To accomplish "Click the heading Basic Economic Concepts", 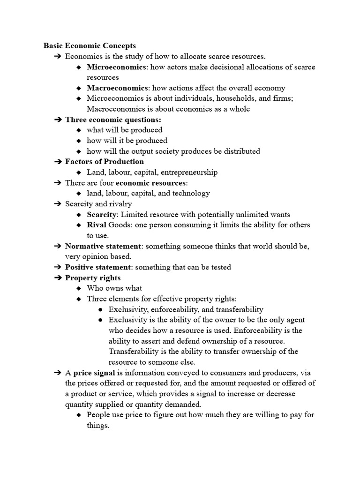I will coord(90,45).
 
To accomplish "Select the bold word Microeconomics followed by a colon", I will coord(116,67).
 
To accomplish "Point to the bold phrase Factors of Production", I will coord(105,162).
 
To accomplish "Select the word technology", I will coord(190,193).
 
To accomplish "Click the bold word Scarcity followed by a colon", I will coord(101,214).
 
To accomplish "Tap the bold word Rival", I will coord(97,225).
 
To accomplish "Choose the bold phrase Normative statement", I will coord(103,246).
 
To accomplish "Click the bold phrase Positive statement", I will coord(97,267).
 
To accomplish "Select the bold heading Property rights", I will coord(93,277).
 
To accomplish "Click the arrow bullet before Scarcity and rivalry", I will coord(58,204).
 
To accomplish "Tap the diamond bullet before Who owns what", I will coord(79,288).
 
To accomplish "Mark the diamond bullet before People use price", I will coord(79,415).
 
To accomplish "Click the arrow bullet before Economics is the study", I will coord(58,56).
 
